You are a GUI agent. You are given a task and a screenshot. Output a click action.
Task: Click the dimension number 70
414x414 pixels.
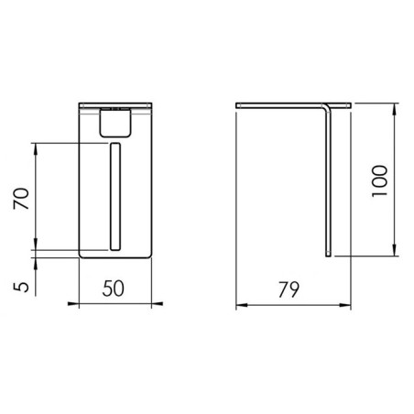point(21,199)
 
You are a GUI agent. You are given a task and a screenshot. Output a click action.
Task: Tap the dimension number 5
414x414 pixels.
point(21,287)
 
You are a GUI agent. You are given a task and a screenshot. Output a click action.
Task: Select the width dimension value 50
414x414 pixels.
point(114,289)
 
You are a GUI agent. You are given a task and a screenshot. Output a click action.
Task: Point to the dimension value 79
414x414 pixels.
point(289,289)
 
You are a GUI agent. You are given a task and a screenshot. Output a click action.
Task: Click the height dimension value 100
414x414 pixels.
point(380,181)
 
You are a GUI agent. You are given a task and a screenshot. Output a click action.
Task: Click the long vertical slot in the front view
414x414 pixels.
point(115,196)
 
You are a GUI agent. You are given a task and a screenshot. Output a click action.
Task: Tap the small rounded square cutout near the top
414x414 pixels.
point(115,123)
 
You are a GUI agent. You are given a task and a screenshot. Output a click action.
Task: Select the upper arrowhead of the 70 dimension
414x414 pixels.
point(36,148)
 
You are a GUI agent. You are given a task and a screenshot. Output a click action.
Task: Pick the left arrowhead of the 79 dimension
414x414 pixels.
point(242,305)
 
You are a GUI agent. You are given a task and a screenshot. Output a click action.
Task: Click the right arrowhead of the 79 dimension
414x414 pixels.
point(345,305)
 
